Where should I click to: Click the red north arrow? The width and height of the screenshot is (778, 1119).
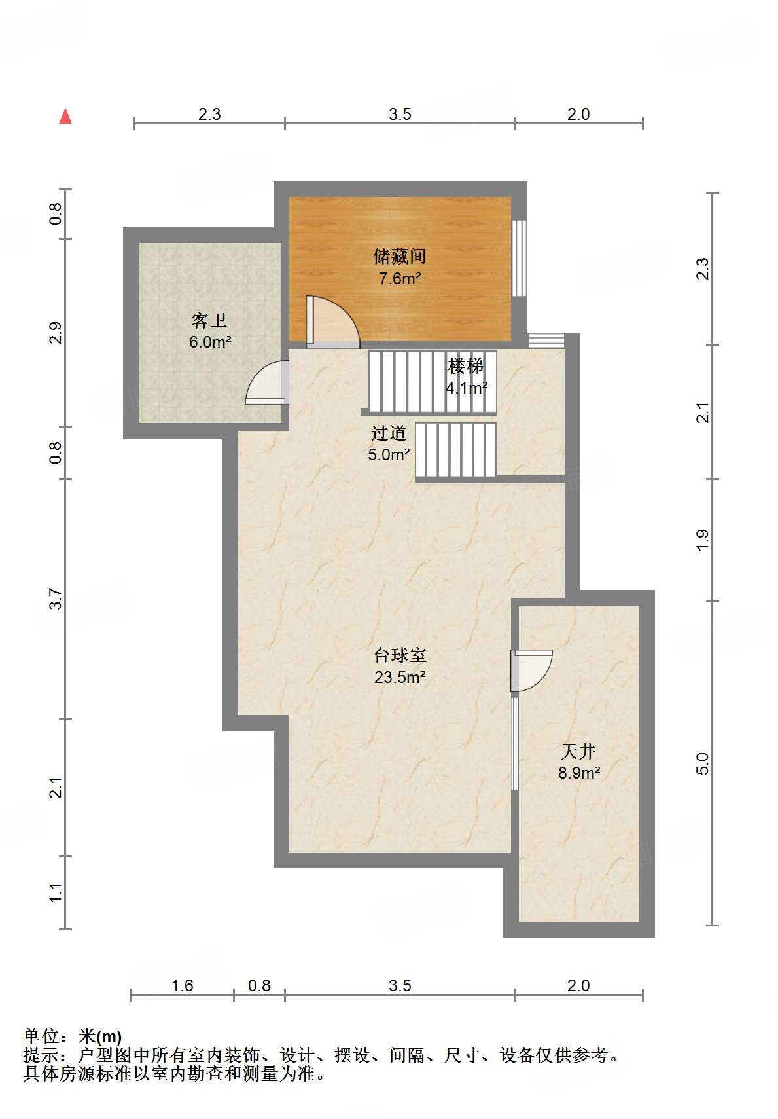coord(65,117)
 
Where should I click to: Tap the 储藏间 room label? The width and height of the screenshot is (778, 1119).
coord(399,256)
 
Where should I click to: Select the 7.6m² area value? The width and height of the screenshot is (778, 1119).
coord(399,278)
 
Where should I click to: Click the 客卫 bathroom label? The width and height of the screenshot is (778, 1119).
coord(209,320)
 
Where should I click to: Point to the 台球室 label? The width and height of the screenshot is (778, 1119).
coord(400,655)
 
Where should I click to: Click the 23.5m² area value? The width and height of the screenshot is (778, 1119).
coord(400,677)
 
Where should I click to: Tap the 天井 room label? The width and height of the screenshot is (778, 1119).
coord(578,751)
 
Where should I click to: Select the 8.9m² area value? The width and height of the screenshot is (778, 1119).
coord(578,773)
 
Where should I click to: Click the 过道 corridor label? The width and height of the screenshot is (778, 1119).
coord(389,433)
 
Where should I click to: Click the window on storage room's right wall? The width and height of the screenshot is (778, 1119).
coord(519,258)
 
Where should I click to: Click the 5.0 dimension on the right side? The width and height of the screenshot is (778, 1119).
coord(702,763)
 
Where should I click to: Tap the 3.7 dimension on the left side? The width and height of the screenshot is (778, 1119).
coord(56,599)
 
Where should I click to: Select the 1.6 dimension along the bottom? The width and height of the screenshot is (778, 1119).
coord(183,985)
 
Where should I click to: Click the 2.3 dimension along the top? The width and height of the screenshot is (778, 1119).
coord(209,114)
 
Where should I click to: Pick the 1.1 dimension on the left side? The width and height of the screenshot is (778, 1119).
coord(56,892)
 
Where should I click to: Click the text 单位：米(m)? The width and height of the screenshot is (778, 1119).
coord(73,1036)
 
